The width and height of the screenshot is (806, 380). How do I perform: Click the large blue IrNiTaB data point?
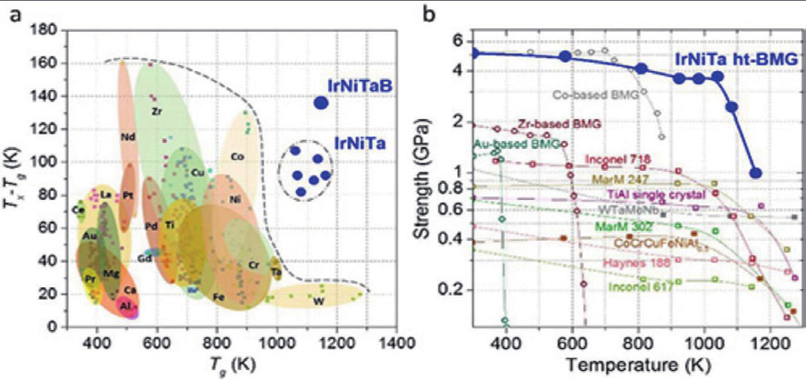coord(320,102)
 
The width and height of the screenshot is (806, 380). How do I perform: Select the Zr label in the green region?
coord(157,110)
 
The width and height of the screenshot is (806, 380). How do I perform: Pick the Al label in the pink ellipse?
coord(125,307)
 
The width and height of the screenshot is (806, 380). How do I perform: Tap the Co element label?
coord(237,156)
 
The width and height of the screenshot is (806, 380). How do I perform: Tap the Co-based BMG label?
coord(592,92)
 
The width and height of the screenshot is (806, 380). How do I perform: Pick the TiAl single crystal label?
coord(644,194)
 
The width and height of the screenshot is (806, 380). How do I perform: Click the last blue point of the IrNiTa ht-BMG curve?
coord(755,173)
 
